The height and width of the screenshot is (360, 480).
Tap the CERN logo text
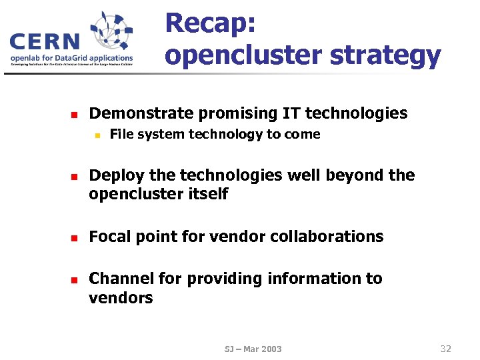(x=45, y=41)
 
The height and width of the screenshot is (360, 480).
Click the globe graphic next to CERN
(x=111, y=33)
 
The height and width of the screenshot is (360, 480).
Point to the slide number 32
(x=446, y=348)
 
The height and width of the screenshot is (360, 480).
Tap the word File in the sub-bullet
(x=121, y=135)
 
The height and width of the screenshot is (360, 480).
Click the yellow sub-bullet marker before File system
(x=96, y=135)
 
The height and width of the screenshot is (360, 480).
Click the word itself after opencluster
(x=207, y=194)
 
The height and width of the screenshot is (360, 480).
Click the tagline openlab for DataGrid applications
(x=71, y=58)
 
